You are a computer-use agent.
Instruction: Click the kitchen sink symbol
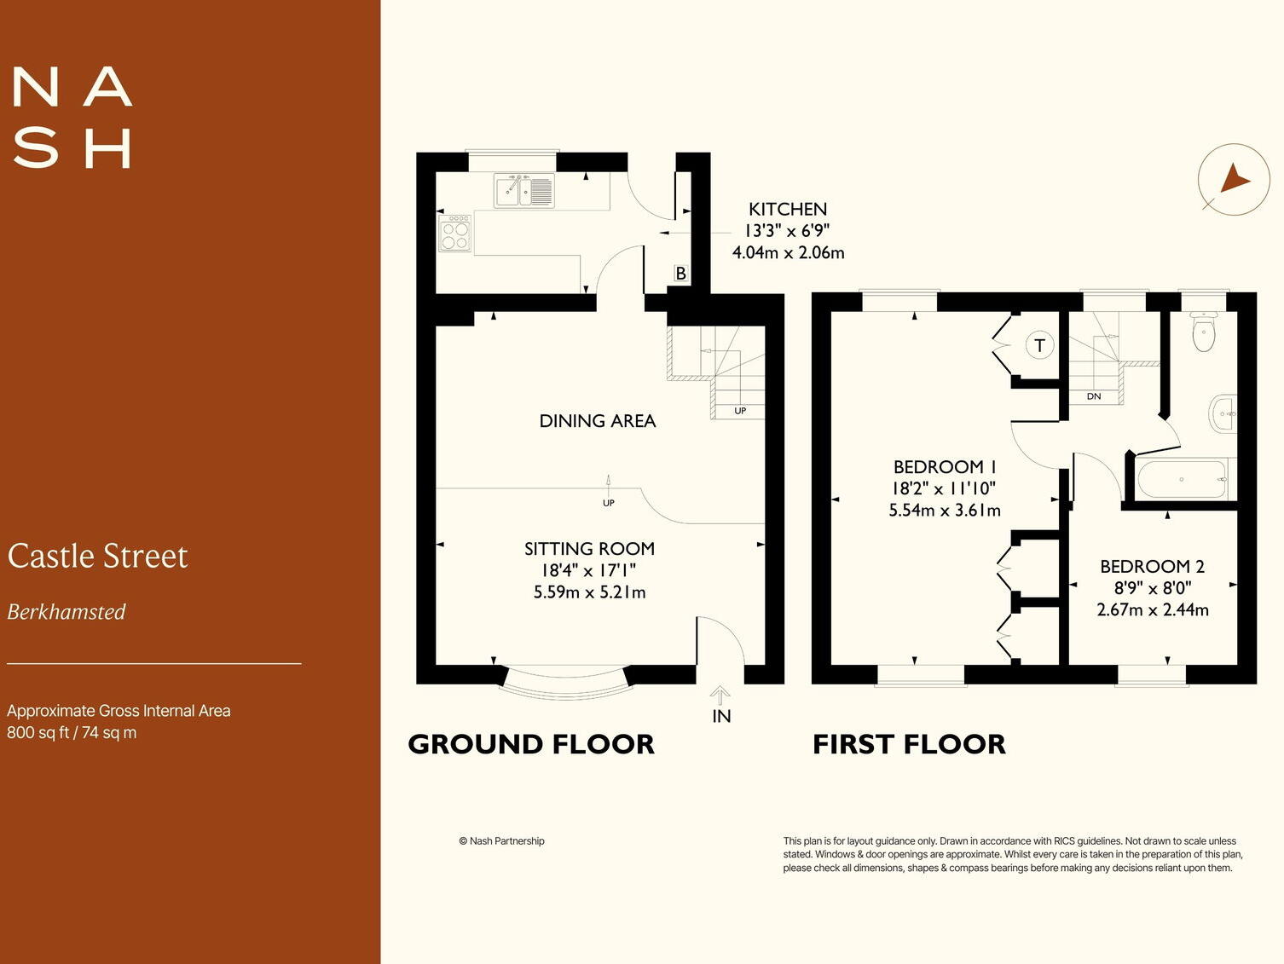(x=524, y=191)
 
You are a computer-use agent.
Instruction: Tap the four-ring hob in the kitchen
(x=455, y=233)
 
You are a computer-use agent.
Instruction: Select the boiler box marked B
(x=680, y=273)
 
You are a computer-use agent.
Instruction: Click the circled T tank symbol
(x=1039, y=345)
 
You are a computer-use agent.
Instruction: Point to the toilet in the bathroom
(x=1203, y=331)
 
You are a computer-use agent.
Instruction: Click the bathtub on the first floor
(x=1183, y=479)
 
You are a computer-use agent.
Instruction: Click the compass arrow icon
(x=1235, y=180)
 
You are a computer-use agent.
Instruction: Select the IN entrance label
(x=721, y=716)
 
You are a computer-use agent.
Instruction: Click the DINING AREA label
(x=598, y=421)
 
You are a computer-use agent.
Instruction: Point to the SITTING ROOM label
(x=589, y=548)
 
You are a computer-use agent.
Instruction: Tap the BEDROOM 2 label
(x=1152, y=566)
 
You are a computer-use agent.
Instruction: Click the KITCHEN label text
(x=787, y=209)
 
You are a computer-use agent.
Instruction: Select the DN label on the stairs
(x=1093, y=396)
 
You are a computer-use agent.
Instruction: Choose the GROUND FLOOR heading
(x=530, y=744)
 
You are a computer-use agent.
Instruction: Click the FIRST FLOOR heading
(x=909, y=744)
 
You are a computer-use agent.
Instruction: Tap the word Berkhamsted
(x=67, y=612)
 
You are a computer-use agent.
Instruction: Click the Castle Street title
(x=97, y=556)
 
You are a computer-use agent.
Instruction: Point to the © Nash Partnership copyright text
(x=501, y=840)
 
